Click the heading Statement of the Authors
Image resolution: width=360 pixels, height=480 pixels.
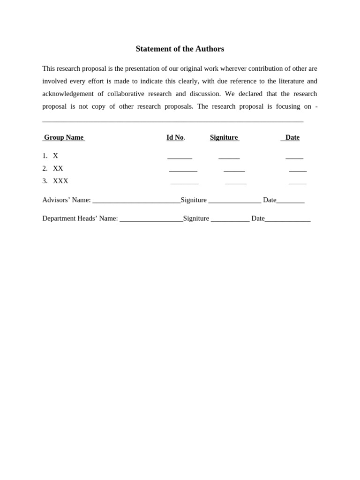[x=180, y=49]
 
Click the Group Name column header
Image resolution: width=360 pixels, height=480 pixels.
[x=64, y=137]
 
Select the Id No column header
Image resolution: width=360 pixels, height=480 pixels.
[x=175, y=137]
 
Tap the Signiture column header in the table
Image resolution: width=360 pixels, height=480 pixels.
[x=224, y=137]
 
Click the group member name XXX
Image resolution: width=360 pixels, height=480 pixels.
[x=60, y=181]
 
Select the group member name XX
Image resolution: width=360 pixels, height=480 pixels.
[x=58, y=168]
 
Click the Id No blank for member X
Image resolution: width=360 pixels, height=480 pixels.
[x=180, y=158]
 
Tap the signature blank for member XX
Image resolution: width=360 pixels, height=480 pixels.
[x=234, y=171]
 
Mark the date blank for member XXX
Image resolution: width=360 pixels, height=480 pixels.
[x=298, y=183]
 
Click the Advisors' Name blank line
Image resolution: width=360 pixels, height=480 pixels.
[x=136, y=202]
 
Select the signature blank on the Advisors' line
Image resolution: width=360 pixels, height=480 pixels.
[x=234, y=202]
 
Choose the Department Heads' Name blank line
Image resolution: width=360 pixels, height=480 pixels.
[x=151, y=220]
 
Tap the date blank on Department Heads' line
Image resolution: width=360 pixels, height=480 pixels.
[x=287, y=220]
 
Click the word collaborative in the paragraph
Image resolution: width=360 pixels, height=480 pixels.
[x=126, y=94]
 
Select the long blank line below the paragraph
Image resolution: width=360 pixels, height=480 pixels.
[x=173, y=121]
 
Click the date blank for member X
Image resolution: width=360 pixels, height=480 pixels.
[x=294, y=158]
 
